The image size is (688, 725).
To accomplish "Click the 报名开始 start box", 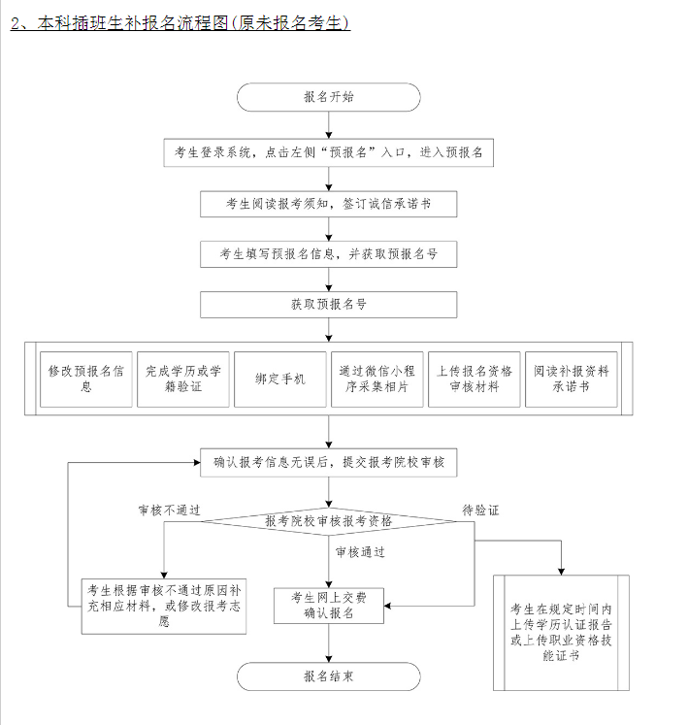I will click(x=328, y=97).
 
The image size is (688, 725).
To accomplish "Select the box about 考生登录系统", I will click(x=328, y=152).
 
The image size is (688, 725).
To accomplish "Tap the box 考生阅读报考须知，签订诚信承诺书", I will click(x=328, y=204).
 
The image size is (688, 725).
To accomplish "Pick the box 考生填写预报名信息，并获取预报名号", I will click(x=328, y=254).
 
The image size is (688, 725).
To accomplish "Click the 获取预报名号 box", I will click(x=328, y=305).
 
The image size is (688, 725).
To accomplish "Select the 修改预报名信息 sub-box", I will click(x=86, y=379).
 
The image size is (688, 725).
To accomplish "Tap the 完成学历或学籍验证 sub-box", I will click(x=183, y=379).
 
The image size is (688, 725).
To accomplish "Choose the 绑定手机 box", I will click(x=280, y=379).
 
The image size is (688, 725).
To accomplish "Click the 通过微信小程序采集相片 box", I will click(x=377, y=379).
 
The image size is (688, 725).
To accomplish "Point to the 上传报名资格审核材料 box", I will click(x=475, y=379).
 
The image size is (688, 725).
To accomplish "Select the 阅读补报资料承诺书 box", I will click(x=572, y=379).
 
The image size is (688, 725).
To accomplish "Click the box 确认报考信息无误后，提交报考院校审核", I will click(x=328, y=463).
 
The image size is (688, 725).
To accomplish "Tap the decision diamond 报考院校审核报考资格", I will click(x=328, y=521).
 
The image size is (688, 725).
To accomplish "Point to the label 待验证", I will click(x=480, y=509).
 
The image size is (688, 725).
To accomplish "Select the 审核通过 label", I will click(x=361, y=552).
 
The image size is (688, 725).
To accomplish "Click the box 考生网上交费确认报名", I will click(x=328, y=605).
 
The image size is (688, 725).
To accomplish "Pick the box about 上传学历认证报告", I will click(x=561, y=633).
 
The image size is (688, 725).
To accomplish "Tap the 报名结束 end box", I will click(x=328, y=676).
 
